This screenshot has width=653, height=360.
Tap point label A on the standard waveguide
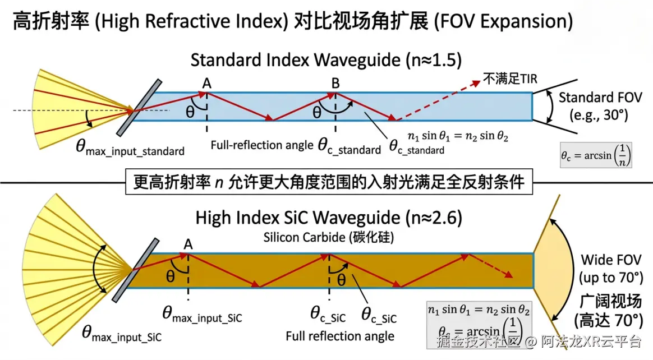(x=207, y=84)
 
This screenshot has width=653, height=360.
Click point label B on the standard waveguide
(x=335, y=84)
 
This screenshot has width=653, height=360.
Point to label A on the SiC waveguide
(x=188, y=244)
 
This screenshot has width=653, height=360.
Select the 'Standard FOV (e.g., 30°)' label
(x=600, y=107)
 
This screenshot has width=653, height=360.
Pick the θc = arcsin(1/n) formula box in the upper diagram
(x=596, y=153)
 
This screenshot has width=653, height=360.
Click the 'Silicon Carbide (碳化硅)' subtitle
(x=328, y=237)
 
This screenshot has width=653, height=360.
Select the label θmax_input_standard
(x=130, y=149)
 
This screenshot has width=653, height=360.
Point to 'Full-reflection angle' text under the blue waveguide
(x=261, y=145)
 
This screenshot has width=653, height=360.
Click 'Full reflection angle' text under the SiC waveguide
(x=340, y=336)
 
